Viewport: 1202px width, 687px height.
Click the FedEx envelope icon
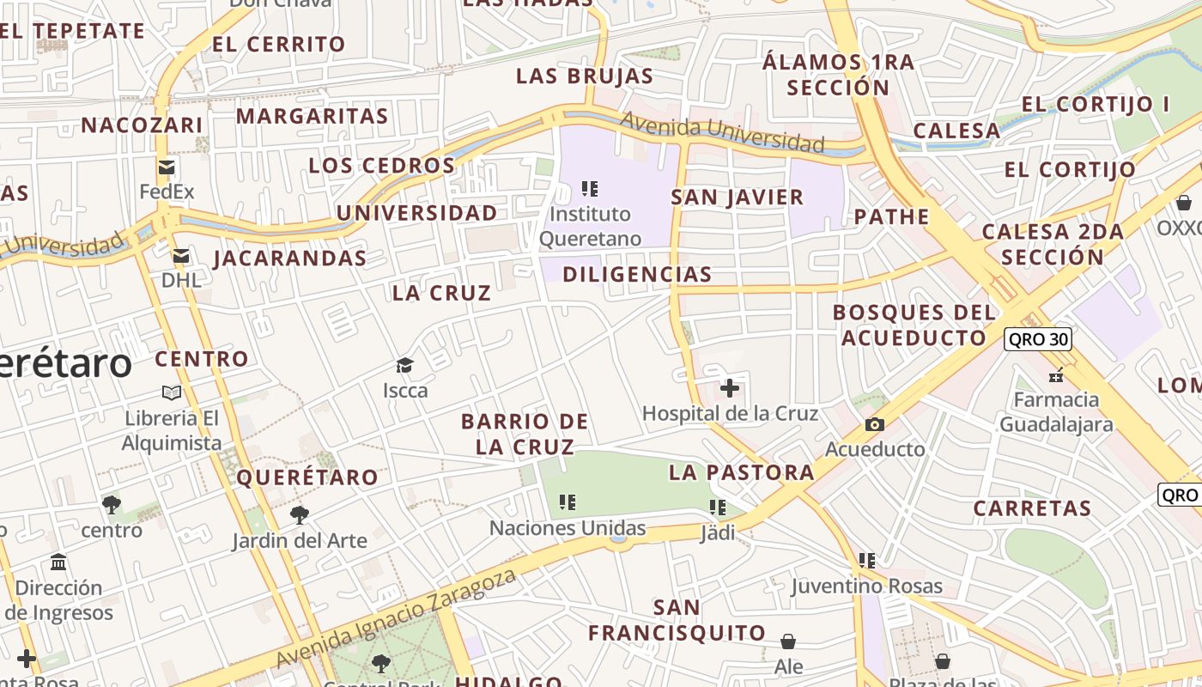[x=167, y=167]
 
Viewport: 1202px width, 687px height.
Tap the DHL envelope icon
[x=180, y=256]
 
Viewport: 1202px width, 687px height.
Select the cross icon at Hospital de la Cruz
[x=730, y=388]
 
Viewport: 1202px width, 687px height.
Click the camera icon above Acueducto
[x=875, y=424]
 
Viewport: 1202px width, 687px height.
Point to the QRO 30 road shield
[x=1038, y=339]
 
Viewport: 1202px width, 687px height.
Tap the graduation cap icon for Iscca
[x=405, y=366]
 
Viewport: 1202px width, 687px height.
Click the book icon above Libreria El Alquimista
[x=172, y=392]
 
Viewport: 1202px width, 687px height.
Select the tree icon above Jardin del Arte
[x=299, y=515]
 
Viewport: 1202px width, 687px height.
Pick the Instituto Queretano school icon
[x=590, y=188]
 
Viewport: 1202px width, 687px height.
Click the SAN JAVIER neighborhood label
[x=738, y=198]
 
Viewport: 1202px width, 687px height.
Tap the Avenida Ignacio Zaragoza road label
[x=397, y=617]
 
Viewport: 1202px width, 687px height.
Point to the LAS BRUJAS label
[x=585, y=76]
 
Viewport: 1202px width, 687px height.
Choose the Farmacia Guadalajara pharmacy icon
[x=1056, y=374]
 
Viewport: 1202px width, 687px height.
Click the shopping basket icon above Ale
[x=788, y=641]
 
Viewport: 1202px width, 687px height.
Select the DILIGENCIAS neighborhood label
[x=637, y=275]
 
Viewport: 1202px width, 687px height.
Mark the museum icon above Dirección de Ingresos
[x=58, y=562]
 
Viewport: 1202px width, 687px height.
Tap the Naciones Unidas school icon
[x=567, y=502]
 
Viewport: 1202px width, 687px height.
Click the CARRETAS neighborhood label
[x=1032, y=508]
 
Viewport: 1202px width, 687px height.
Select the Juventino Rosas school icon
[x=867, y=561]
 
